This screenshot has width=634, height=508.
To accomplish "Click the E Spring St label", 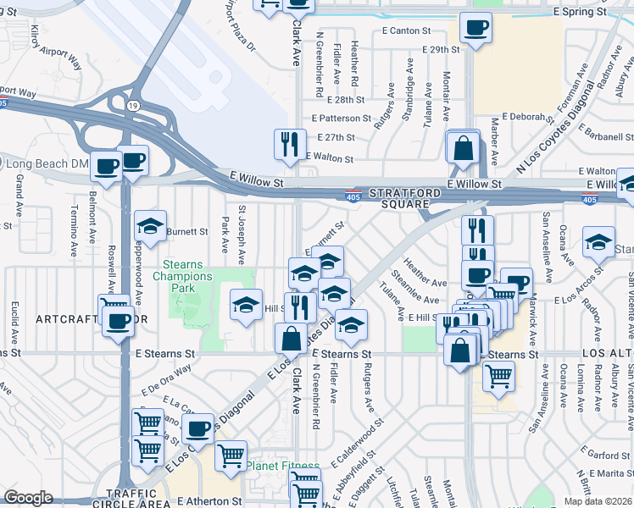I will coord(581,13).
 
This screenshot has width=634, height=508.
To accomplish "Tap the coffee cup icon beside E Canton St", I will coord(475,27).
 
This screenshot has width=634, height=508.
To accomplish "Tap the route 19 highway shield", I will coord(133,105).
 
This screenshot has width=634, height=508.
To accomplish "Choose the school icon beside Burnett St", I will coord(150,226).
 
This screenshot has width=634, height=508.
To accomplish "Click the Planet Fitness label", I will coord(283,466).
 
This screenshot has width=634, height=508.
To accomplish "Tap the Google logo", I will coord(28,498).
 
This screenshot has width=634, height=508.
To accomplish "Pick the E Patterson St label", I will coord(342,119).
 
